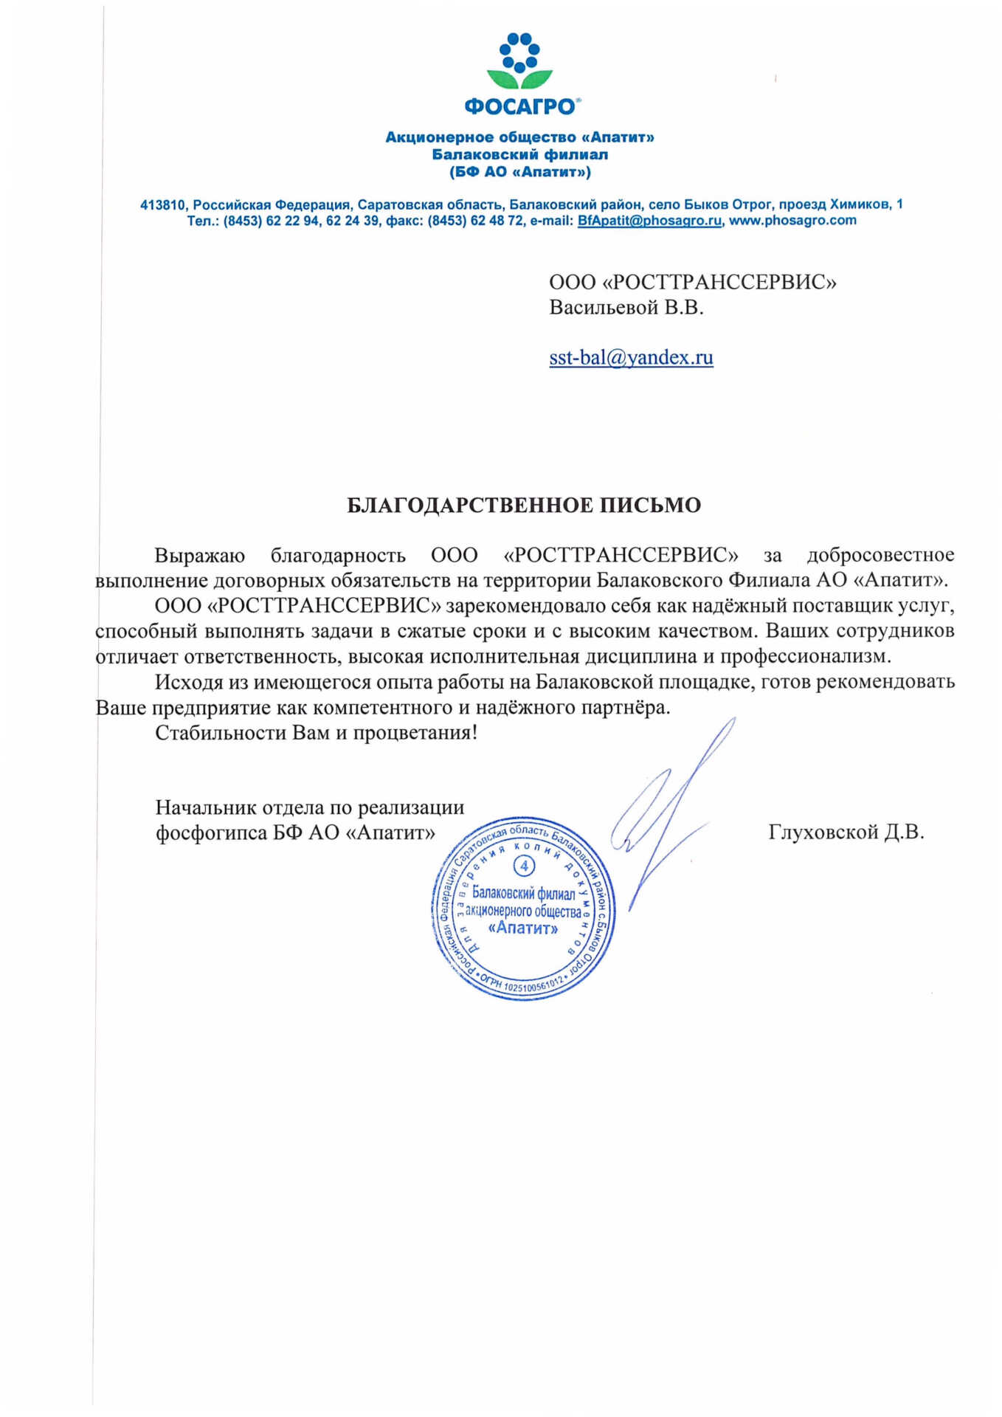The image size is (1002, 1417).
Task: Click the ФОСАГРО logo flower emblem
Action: (520, 62)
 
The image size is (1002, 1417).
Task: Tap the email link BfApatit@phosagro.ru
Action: (649, 221)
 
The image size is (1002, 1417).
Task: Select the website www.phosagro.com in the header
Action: (792, 221)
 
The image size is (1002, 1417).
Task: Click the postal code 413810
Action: (162, 204)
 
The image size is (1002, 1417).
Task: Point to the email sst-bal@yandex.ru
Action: (631, 358)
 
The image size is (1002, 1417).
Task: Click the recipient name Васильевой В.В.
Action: (626, 308)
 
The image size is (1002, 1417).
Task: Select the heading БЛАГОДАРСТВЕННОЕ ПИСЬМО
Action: (524, 506)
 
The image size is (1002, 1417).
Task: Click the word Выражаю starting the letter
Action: (199, 555)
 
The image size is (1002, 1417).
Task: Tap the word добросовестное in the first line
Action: (880, 555)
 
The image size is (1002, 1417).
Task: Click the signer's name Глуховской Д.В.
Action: (846, 832)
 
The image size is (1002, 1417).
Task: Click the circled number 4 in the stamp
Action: (524, 865)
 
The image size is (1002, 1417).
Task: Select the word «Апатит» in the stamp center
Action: (523, 928)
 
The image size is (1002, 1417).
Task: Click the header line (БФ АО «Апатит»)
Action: (520, 172)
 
